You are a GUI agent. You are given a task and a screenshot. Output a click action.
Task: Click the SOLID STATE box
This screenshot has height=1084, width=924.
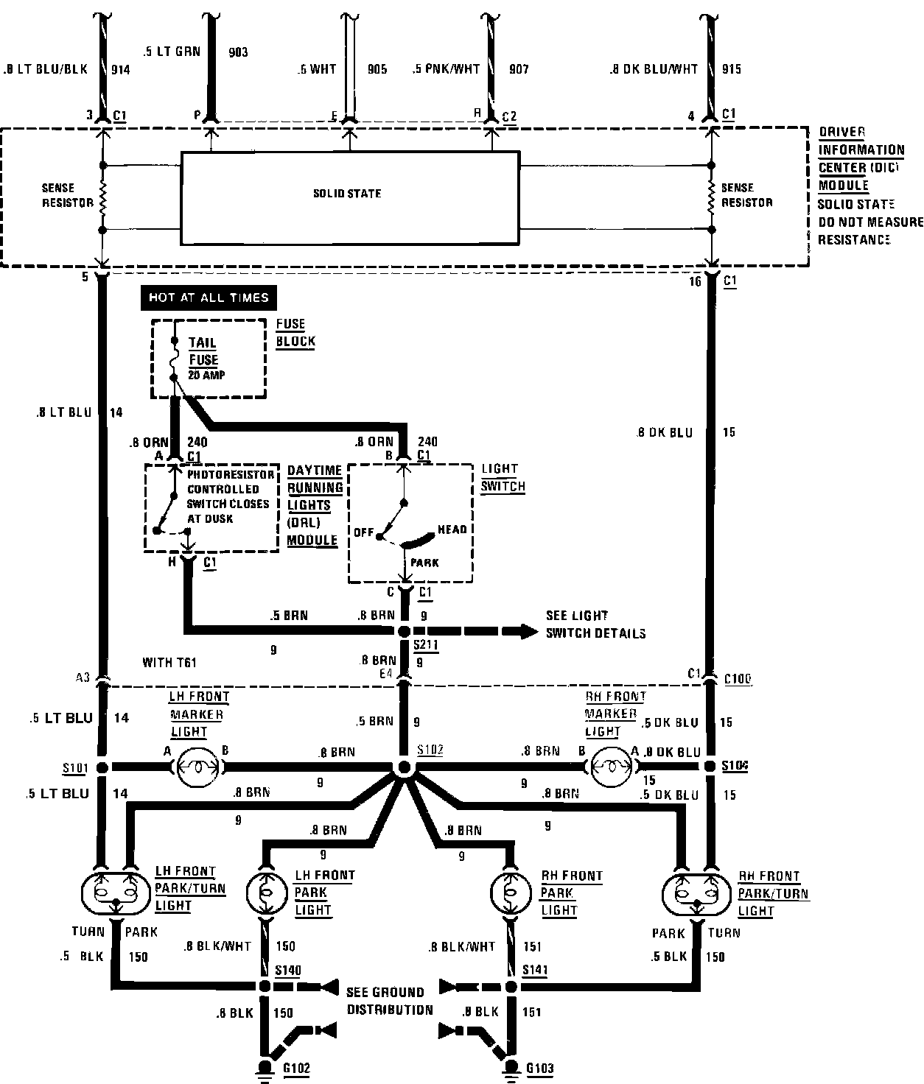[x=350, y=197]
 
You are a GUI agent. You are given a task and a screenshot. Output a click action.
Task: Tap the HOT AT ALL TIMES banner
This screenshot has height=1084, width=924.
[x=209, y=298]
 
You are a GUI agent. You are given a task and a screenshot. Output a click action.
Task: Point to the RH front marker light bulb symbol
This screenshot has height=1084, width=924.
[x=610, y=767]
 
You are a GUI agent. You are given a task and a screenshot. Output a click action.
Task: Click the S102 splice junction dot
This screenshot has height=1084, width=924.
[x=403, y=767]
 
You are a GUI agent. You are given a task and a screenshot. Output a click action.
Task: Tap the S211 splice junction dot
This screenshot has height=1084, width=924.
[x=403, y=632]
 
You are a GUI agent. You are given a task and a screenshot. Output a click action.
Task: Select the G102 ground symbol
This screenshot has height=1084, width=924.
[x=263, y=1069]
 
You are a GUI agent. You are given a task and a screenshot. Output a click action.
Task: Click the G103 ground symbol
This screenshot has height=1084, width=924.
[x=510, y=1069]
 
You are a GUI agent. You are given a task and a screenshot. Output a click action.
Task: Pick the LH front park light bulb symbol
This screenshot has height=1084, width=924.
[x=263, y=893]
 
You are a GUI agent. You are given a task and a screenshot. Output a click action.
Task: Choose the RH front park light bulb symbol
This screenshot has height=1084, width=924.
[x=510, y=893]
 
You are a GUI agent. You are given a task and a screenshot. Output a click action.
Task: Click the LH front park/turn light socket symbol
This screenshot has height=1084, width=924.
[x=114, y=893]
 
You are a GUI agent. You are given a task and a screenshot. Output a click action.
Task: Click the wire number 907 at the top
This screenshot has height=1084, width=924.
[x=519, y=69]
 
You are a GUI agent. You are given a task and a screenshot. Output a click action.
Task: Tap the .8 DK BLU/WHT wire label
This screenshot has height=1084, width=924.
[x=654, y=69]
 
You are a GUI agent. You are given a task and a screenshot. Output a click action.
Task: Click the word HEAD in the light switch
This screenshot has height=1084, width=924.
[x=452, y=529]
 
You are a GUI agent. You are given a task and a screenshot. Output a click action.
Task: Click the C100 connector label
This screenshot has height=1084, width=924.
[x=738, y=679]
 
